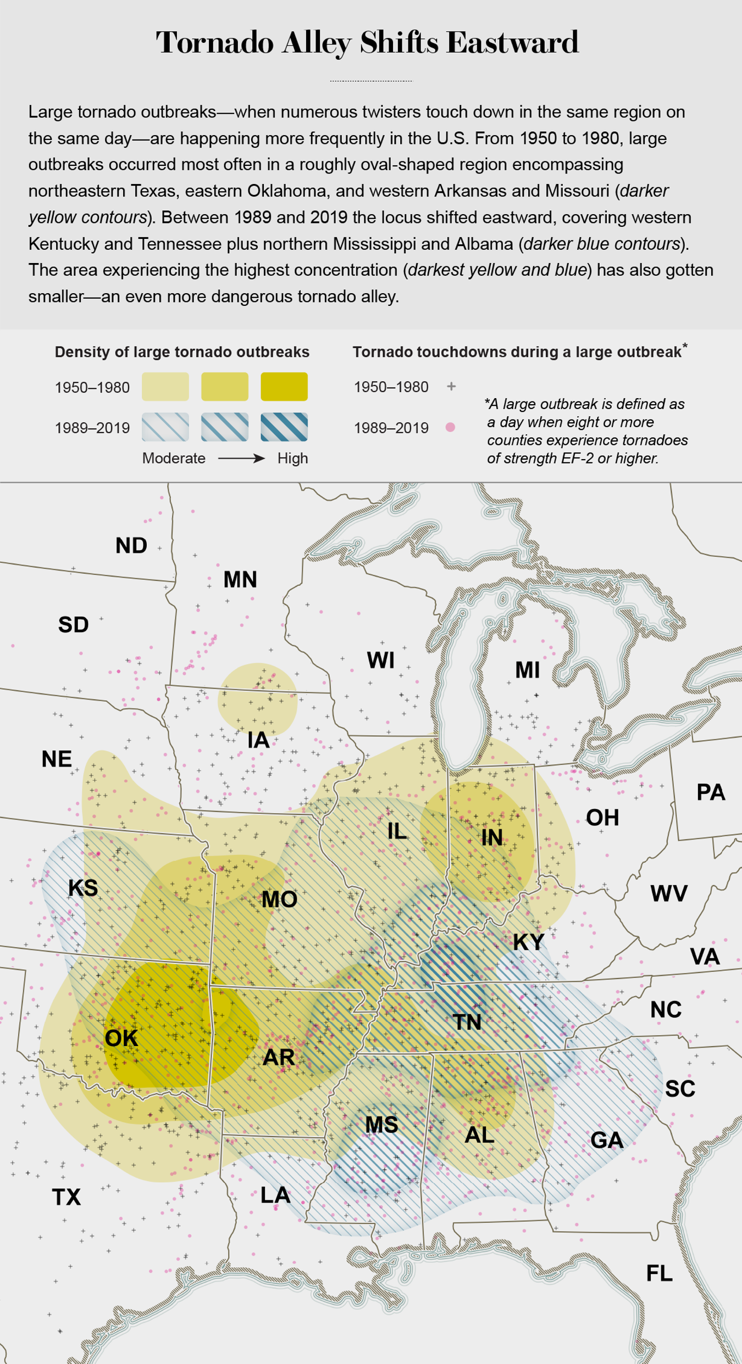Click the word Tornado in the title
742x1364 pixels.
[x=215, y=43]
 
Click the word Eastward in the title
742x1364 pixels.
[x=512, y=43]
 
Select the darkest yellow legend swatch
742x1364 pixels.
[x=284, y=387]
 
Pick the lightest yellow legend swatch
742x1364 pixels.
[x=165, y=387]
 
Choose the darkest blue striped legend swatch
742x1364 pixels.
[x=284, y=427]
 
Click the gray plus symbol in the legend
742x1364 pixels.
[x=451, y=387]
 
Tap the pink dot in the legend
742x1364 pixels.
[x=450, y=427]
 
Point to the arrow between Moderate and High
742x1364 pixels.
[x=241, y=459]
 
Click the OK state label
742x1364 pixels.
[x=121, y=1038]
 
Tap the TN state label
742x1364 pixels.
[x=467, y=1022]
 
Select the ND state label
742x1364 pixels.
[x=131, y=546]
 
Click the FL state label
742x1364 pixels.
[x=659, y=1273]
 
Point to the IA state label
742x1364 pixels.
[x=258, y=740]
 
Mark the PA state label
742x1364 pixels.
[x=710, y=792]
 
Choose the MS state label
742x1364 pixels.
[x=381, y=1125]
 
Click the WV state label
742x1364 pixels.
[x=668, y=893]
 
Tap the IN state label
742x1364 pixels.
[x=491, y=837]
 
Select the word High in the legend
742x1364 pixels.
[x=292, y=459]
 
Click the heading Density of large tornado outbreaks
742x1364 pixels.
[x=182, y=352]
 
